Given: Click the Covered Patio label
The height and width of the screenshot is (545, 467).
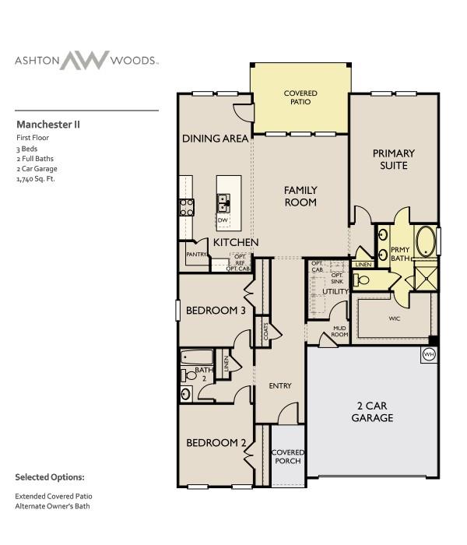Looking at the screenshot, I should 300,98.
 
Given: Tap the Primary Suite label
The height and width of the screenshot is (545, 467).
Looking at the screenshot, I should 393,159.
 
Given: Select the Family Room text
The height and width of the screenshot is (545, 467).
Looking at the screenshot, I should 300,195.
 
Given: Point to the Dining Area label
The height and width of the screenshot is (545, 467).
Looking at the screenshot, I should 216,139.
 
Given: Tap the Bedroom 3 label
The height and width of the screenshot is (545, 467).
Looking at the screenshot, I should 216,311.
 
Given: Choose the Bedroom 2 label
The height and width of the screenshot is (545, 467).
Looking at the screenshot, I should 216,443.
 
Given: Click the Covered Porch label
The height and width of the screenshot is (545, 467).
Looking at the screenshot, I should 287,456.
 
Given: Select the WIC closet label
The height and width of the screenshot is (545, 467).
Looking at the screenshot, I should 394,318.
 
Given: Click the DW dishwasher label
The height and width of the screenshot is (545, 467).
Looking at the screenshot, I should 222,220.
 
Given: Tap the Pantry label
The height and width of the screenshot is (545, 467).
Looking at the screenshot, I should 195,254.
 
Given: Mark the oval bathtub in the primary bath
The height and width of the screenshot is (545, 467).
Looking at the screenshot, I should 425,241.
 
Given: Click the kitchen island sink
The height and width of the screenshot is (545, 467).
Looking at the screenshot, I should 223,203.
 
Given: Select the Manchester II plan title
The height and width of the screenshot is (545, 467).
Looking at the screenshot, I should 48,124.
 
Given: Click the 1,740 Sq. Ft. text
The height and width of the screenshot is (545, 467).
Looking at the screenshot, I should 36,179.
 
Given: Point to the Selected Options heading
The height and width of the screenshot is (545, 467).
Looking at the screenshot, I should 50,476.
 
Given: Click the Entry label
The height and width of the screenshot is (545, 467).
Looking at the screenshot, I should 279,385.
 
